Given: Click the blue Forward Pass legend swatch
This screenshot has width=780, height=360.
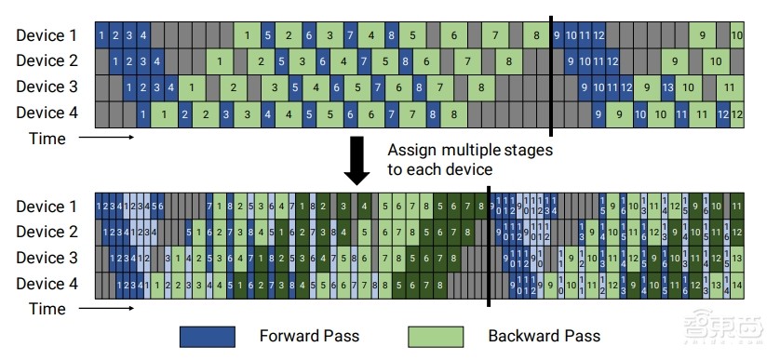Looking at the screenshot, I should pyautogui.click(x=210, y=335).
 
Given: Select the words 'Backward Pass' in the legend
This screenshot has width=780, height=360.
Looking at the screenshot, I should pyautogui.click(x=545, y=335).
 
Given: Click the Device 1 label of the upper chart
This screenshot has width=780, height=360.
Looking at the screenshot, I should pyautogui.click(x=46, y=35).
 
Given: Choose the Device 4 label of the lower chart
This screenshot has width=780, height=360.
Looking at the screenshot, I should pyautogui.click(x=46, y=285).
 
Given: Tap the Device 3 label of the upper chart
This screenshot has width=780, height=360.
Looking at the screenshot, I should pyautogui.click(x=46, y=88).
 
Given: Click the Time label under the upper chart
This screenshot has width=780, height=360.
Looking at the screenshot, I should pyautogui.click(x=47, y=139).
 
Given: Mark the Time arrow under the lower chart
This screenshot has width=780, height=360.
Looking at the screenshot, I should pyautogui.click(x=106, y=309).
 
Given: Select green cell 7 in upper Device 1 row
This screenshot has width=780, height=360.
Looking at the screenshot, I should pyautogui.click(x=496, y=35).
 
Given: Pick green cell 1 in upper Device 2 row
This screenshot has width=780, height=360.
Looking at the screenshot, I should pyautogui.click(x=220, y=62).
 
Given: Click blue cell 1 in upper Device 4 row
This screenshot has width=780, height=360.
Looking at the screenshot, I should pyautogui.click(x=143, y=114).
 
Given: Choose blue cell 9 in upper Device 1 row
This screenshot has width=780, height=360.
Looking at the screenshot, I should pyautogui.click(x=558, y=35).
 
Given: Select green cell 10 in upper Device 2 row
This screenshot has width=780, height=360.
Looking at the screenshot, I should pyautogui.click(x=716, y=62).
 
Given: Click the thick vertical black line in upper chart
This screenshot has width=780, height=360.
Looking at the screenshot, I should pyautogui.click(x=551, y=74).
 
